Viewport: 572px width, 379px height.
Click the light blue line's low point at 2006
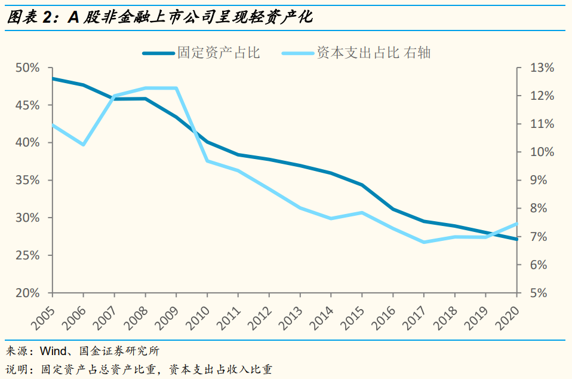84,145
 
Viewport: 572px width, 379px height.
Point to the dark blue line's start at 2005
53,78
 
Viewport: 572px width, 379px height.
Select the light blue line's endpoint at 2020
516,224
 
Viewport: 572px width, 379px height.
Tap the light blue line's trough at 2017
424,242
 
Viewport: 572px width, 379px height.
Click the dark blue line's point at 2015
362,185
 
